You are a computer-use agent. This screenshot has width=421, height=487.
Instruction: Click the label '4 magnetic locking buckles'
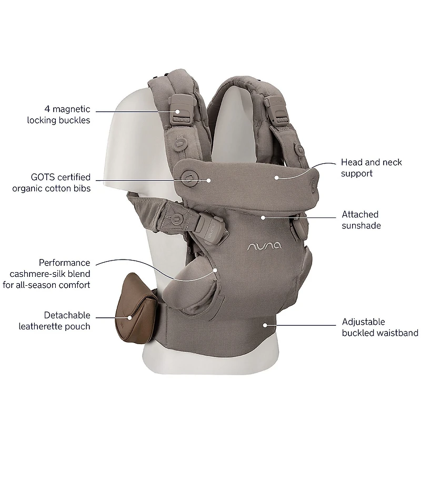click(x=59, y=115)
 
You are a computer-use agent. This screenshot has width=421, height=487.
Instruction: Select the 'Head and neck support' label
click(x=371, y=167)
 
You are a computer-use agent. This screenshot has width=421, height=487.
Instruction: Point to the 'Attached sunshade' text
click(x=360, y=220)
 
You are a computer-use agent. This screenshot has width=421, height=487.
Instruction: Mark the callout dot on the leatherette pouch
click(x=129, y=317)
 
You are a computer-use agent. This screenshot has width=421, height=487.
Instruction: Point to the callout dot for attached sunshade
click(x=262, y=216)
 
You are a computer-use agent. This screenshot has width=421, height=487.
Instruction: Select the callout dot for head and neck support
click(x=276, y=178)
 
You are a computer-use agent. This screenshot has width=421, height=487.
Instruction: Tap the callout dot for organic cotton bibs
click(x=209, y=180)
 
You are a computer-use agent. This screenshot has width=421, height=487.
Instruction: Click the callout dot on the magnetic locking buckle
click(x=178, y=111)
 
